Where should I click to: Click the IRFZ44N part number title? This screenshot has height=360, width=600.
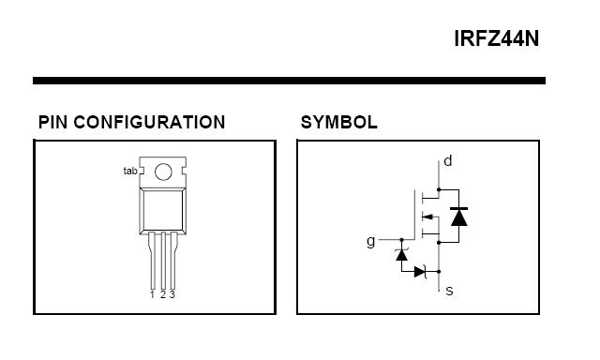click(x=496, y=38)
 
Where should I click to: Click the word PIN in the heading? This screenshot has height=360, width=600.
click(x=53, y=123)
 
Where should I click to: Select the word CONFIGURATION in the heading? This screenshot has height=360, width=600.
click(x=149, y=123)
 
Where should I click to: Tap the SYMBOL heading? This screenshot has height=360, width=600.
click(x=339, y=123)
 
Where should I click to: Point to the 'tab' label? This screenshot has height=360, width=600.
click(x=130, y=171)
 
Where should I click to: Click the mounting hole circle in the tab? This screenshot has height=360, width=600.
click(x=163, y=172)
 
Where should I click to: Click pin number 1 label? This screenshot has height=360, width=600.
click(x=152, y=294)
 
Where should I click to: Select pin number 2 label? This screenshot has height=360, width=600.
click(x=163, y=294)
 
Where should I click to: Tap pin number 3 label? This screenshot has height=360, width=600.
click(x=172, y=294)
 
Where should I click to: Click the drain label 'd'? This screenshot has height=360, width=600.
click(x=448, y=161)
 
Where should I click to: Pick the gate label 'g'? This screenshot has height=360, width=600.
click(x=371, y=242)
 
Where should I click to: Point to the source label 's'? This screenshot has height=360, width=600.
click(x=450, y=291)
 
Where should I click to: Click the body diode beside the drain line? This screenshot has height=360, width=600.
click(x=458, y=217)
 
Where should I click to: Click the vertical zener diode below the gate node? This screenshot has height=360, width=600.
click(x=401, y=254)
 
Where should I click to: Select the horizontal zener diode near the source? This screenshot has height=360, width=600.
click(x=421, y=272)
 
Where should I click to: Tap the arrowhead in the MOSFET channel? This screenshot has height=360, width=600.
click(x=427, y=217)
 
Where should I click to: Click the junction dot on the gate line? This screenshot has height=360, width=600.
click(x=402, y=240)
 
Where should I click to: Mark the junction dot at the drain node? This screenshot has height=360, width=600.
click(x=439, y=189)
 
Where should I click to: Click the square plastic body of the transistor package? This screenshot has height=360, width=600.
click(x=163, y=211)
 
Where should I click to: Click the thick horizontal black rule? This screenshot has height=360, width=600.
click(x=290, y=81)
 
